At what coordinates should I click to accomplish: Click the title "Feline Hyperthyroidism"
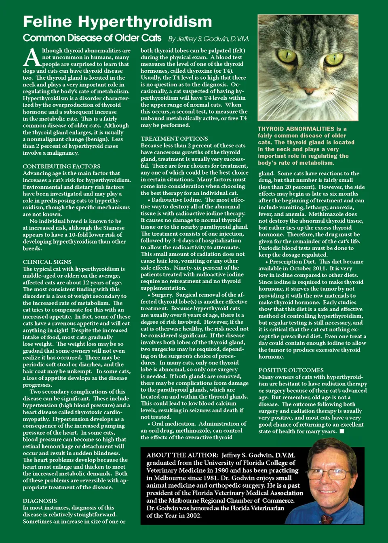click(117, 22)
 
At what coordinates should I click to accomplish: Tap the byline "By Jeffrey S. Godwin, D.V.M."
click(208, 39)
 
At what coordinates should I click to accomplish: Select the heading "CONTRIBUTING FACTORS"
click(61, 166)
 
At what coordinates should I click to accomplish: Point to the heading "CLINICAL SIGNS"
click(47, 262)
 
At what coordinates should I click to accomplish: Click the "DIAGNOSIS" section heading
click(40, 501)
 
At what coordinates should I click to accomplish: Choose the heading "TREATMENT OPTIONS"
click(174, 139)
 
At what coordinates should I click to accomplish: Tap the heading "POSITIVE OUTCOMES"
click(291, 370)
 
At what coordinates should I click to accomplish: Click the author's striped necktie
click(327, 518)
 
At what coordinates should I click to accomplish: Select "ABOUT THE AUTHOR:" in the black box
click(182, 455)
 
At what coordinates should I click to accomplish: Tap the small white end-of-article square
click(342, 431)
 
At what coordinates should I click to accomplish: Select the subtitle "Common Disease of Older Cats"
click(92, 38)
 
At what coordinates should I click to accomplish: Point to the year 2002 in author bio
click(194, 516)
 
